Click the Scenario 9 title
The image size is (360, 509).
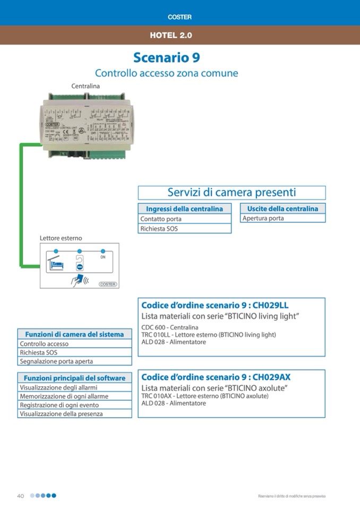coord(166,57)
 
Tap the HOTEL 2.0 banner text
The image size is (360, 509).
coord(170,36)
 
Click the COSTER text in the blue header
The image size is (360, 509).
coord(179,17)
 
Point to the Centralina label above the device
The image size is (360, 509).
coord(85,85)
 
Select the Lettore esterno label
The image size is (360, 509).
coord(61,238)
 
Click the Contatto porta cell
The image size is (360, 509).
coord(161,219)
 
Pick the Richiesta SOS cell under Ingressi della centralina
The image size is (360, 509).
coord(159,229)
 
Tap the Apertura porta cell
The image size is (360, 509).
coord(263,218)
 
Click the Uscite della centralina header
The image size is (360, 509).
coord(282,209)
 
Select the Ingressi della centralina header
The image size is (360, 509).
coord(184,209)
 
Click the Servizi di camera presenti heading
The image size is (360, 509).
coord(232,192)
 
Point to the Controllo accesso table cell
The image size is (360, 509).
coord(44,344)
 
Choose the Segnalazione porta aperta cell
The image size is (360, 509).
coord(56,361)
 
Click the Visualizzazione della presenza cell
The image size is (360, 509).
coord(61,413)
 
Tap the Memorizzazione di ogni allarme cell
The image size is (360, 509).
coord(64,396)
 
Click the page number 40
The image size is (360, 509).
coord(21,496)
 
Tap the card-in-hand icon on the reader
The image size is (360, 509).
coord(79,279)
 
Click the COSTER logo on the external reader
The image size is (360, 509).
coord(107,284)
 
